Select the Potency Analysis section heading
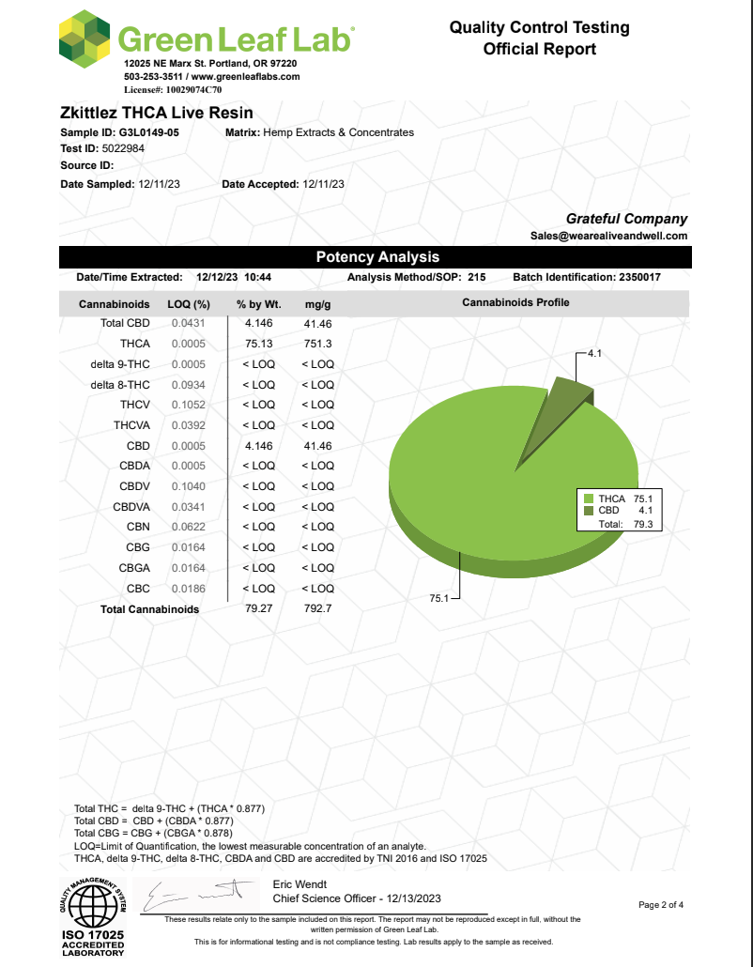[x=376, y=257]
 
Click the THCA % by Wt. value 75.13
[x=258, y=344]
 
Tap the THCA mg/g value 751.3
[x=317, y=344]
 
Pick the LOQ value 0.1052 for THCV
[x=188, y=405]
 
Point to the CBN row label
[x=137, y=527]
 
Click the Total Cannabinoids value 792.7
[x=317, y=608]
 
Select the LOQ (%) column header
[x=188, y=303]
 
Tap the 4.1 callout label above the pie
[x=594, y=353]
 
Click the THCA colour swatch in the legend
[x=589, y=499]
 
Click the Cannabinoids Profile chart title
[x=515, y=302]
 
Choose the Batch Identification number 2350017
[x=646, y=278]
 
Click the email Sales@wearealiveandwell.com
[x=608, y=236]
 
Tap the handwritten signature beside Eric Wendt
[x=197, y=897]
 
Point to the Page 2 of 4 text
[x=661, y=905]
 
